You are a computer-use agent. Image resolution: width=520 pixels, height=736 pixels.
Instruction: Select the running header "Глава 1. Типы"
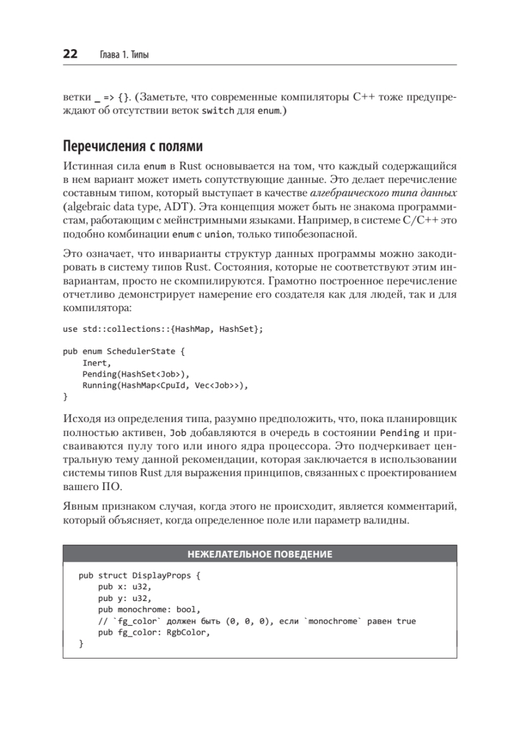coord(124,55)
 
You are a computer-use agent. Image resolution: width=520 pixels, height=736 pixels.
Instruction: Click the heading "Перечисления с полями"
coord(132,147)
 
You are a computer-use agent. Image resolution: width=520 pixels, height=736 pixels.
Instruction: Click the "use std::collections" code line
coord(163,329)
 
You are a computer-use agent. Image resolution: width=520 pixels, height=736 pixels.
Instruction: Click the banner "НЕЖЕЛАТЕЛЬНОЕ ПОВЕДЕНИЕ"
coord(260,554)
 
